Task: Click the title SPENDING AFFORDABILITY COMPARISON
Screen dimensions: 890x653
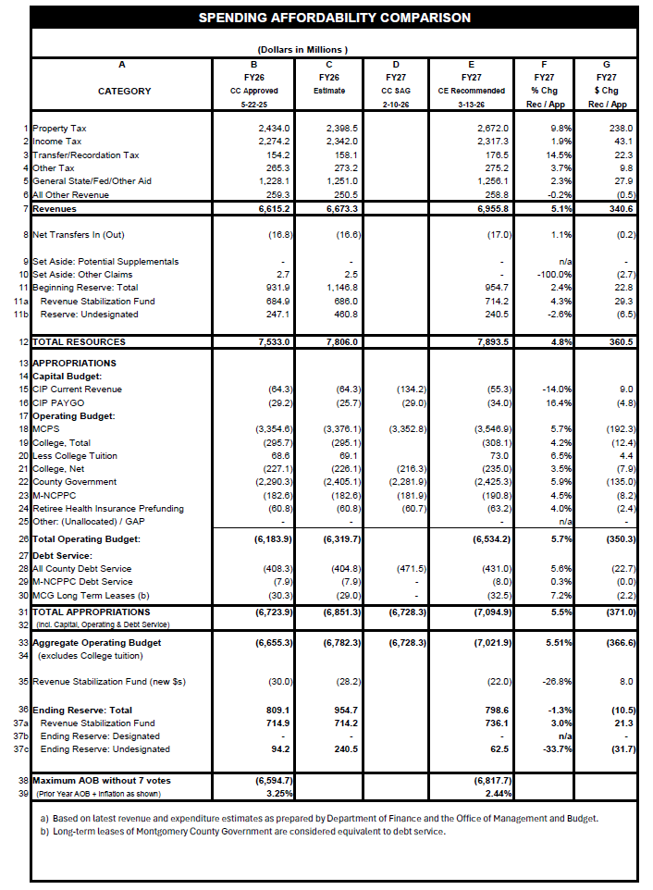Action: point(334,18)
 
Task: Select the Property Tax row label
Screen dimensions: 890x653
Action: point(60,128)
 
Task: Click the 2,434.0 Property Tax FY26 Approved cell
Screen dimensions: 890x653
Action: point(275,128)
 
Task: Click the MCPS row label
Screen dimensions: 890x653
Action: point(45,429)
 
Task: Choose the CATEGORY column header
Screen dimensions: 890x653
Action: point(125,91)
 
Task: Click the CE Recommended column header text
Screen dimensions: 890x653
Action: point(472,91)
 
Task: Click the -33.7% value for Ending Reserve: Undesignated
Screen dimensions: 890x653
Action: point(559,748)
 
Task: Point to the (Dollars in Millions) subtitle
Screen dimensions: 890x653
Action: point(302,49)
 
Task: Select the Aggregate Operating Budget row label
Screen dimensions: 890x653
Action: point(97,641)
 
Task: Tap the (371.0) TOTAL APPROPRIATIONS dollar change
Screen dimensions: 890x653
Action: point(618,612)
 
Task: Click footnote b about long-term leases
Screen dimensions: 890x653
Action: point(242,831)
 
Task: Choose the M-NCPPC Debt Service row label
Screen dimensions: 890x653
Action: point(82,581)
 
